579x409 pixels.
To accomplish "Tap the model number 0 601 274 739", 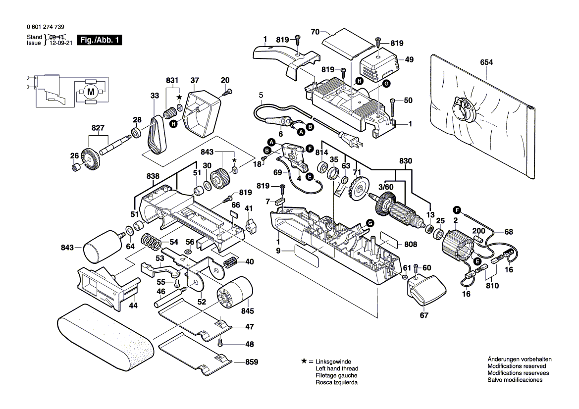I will click(x=45, y=27).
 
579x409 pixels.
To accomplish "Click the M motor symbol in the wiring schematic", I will click(x=90, y=91).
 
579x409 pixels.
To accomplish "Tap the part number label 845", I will click(x=247, y=311).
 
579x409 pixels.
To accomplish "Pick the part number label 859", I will click(x=252, y=362).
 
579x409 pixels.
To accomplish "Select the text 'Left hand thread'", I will click(x=337, y=369).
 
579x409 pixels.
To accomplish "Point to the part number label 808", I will click(x=411, y=244).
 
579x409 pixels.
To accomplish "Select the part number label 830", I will click(x=405, y=160).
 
